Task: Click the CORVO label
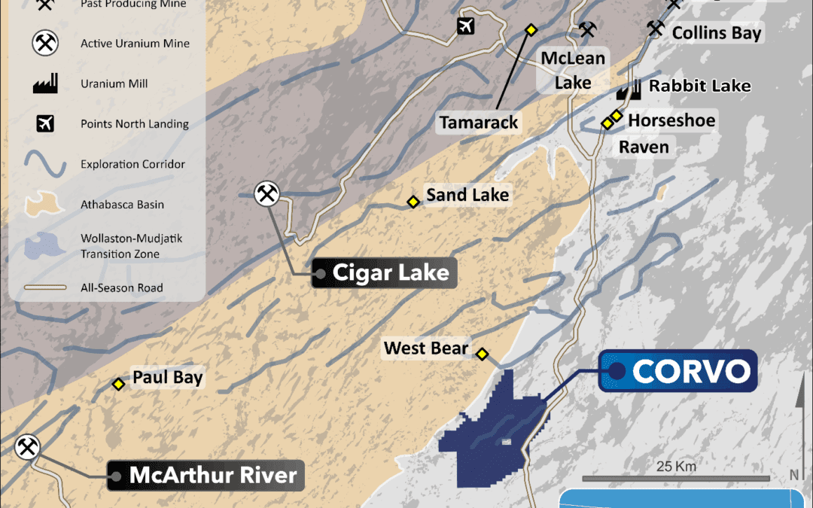(x=691, y=371)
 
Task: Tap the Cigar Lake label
(x=391, y=272)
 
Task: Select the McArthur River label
(x=213, y=476)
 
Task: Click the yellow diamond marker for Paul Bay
(x=118, y=385)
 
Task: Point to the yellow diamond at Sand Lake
(x=413, y=202)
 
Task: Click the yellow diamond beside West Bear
(x=483, y=354)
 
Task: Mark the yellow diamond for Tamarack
(x=531, y=30)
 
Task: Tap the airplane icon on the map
(x=467, y=26)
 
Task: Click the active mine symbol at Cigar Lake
(x=266, y=194)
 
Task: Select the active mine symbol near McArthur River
(x=28, y=447)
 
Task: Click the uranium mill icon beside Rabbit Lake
(x=629, y=90)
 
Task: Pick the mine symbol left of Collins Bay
(x=656, y=29)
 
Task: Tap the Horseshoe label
(x=671, y=120)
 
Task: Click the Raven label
(x=644, y=147)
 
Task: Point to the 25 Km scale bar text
(x=675, y=467)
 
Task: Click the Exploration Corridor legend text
(x=132, y=164)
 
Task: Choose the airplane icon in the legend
(x=45, y=124)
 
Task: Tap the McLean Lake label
(x=573, y=70)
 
